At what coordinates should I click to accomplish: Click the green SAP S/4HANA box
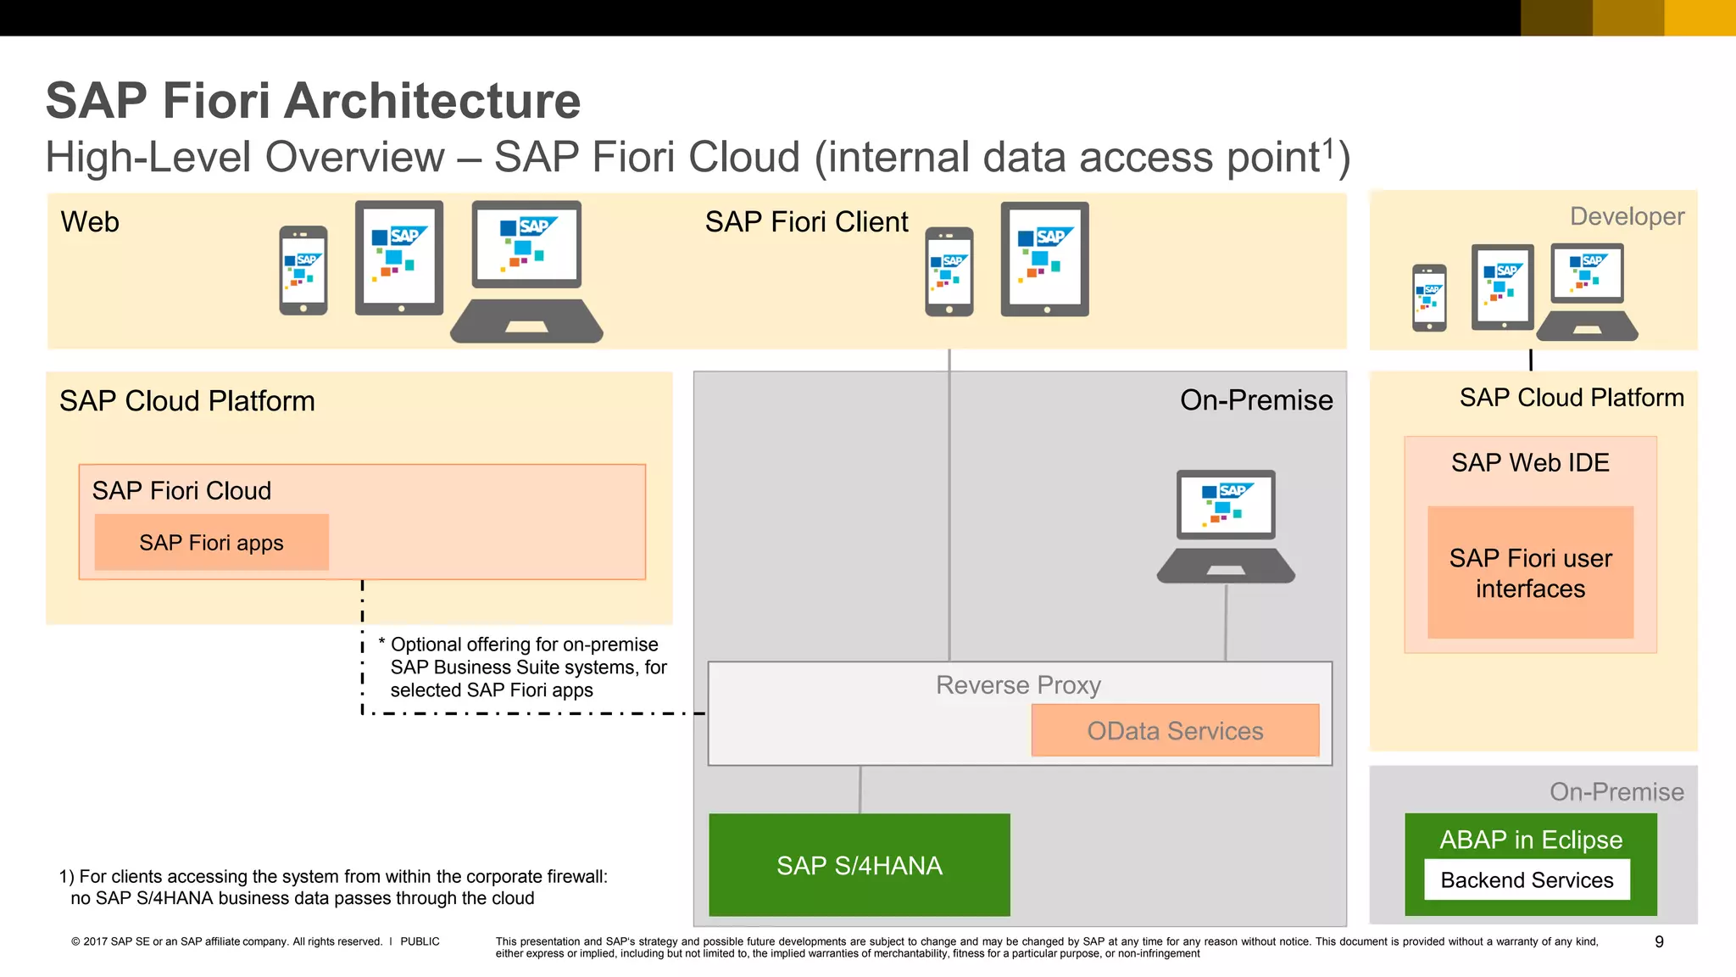(859, 865)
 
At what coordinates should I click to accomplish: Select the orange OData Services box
(1175, 730)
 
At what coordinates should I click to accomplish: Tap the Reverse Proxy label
(1018, 684)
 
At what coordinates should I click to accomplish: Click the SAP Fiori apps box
(211, 543)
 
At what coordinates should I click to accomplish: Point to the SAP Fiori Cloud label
(181, 491)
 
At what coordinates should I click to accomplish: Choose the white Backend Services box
(1527, 880)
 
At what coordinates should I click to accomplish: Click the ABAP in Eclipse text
(1531, 840)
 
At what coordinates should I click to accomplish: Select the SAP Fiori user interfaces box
(1530, 573)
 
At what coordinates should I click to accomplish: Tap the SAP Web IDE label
(1530, 463)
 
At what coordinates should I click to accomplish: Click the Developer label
(1627, 216)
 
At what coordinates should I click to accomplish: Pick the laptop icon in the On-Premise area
(1226, 526)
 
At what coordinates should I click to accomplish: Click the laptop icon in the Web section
(526, 271)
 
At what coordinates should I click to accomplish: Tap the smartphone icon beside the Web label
(303, 270)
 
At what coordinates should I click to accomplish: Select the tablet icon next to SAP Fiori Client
(1044, 259)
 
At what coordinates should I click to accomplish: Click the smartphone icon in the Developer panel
(1429, 298)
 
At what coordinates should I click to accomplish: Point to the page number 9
(1659, 941)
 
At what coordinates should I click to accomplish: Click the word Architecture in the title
(431, 101)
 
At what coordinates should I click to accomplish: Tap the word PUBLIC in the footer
(420, 941)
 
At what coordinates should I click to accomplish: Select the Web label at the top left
(90, 222)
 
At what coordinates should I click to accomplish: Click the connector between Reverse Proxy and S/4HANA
(860, 790)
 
